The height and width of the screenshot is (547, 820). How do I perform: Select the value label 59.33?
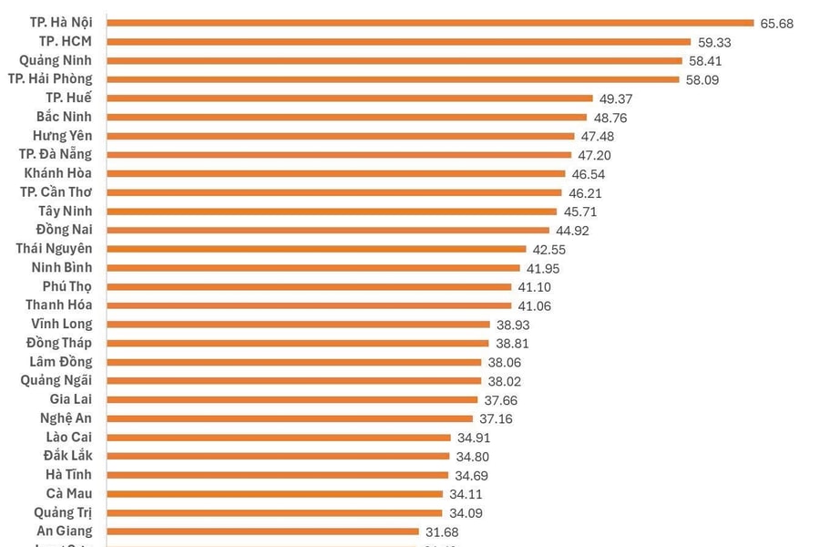(715, 42)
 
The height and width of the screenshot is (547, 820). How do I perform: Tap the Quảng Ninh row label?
(56, 60)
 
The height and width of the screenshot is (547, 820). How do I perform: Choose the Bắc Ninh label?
(64, 117)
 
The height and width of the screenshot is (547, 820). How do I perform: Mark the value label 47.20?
(597, 155)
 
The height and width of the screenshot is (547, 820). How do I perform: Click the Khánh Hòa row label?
(58, 173)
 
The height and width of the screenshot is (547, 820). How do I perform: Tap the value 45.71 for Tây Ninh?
(580, 212)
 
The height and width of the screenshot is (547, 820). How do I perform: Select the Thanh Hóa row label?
(58, 305)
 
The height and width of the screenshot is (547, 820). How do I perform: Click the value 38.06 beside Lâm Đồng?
(503, 362)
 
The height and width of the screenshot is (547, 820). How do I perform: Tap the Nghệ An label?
(66, 418)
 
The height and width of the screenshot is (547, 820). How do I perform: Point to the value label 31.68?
(466, 532)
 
